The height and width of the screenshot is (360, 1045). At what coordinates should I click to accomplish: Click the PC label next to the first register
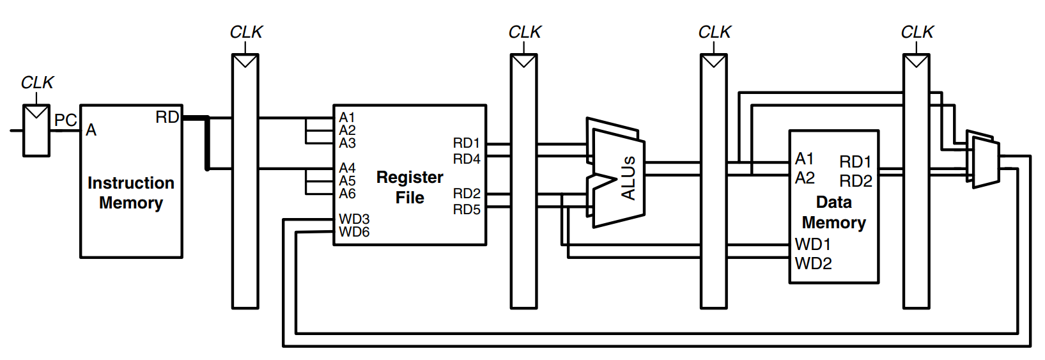[65, 120]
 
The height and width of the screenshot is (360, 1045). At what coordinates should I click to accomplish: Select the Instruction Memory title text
[131, 193]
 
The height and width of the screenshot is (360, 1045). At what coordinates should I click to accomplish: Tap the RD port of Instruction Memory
[167, 117]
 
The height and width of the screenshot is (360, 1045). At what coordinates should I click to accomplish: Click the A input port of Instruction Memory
[91, 130]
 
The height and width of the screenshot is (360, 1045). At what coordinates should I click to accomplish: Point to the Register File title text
[410, 187]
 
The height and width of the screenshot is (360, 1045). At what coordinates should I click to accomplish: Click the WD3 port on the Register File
[354, 219]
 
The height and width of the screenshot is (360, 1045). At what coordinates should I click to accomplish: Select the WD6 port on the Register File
[354, 231]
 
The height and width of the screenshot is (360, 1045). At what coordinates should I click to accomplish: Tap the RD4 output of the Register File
[467, 159]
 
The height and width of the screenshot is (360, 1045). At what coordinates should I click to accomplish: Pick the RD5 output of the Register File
[467, 209]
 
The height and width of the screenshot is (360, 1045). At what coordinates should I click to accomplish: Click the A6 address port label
[347, 193]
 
